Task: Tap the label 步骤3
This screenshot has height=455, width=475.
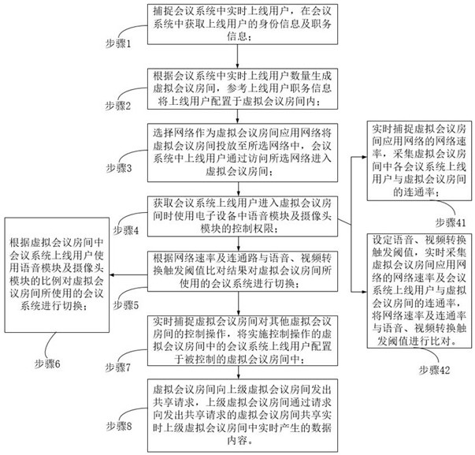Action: (x=120, y=169)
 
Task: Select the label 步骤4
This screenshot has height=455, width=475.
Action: (x=125, y=229)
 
